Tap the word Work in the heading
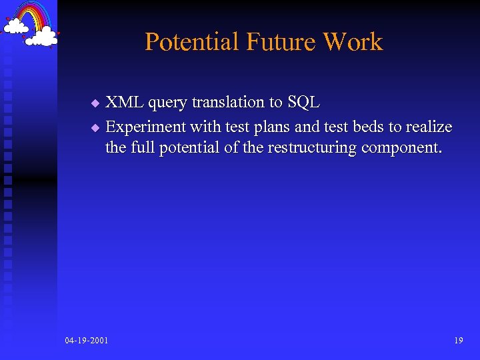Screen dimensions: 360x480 353,42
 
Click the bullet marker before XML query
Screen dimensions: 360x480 95,103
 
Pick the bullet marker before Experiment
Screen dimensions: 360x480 95,127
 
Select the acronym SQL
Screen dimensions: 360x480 303,103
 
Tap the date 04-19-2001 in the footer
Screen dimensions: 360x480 87,341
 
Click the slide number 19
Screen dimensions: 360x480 458,341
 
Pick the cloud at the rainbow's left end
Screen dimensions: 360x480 16,27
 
